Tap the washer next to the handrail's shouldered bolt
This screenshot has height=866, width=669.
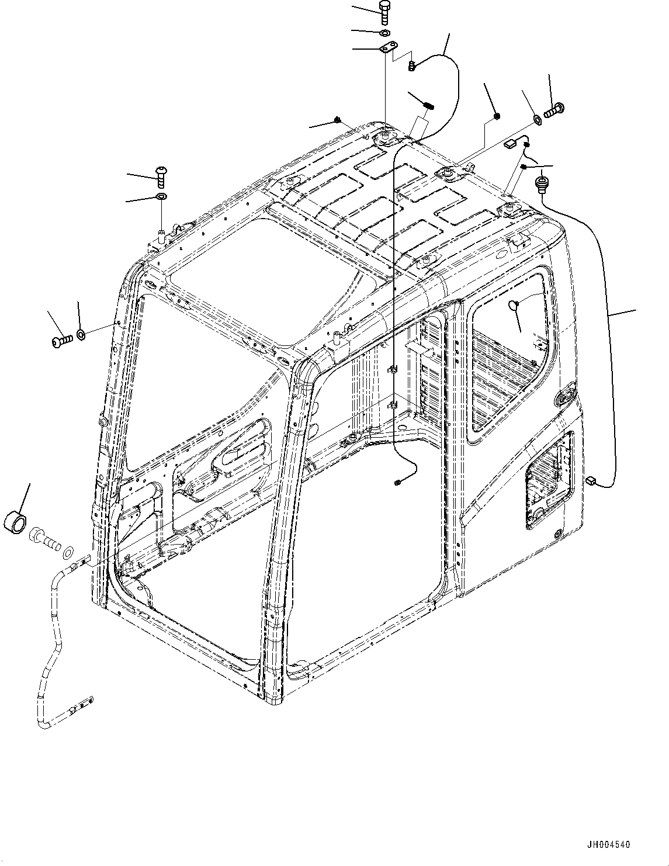(68, 550)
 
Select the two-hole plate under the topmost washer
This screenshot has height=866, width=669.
(388, 48)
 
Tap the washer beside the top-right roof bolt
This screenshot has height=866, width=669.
(536, 121)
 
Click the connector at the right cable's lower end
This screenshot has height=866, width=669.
(590, 480)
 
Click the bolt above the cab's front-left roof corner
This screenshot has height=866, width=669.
(161, 174)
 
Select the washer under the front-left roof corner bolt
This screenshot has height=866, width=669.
(161, 196)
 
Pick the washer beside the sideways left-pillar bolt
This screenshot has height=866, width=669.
(81, 334)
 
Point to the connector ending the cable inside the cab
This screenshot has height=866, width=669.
(397, 482)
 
